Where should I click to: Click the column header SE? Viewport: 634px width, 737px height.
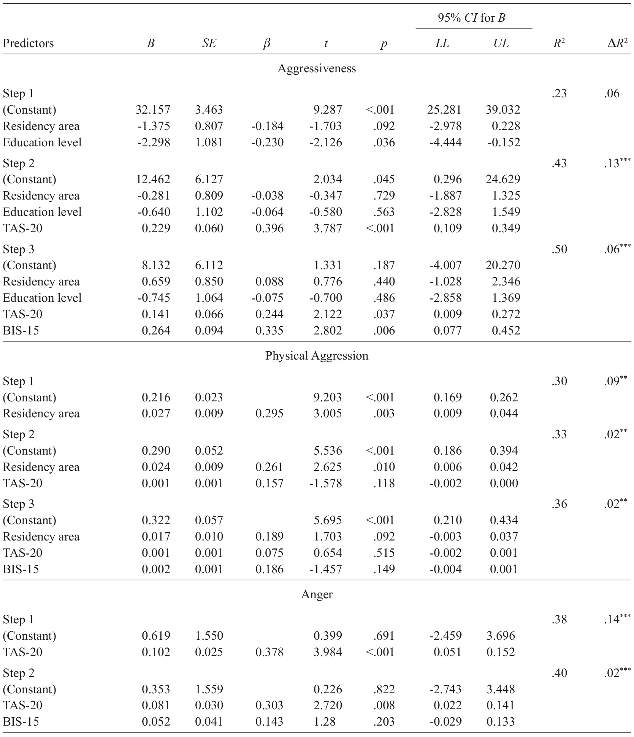[x=209, y=43]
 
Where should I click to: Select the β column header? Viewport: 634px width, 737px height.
[x=267, y=44]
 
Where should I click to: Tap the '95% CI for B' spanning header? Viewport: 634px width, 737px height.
[x=471, y=18]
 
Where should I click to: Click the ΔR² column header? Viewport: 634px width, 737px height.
[x=617, y=43]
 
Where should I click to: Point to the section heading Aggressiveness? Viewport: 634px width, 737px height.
[x=317, y=68]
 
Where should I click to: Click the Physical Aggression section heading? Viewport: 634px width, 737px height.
[x=317, y=356]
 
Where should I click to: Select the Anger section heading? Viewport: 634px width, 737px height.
[x=317, y=594]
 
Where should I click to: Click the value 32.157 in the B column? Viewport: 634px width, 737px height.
[x=153, y=110]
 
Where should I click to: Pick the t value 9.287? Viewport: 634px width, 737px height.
[x=328, y=110]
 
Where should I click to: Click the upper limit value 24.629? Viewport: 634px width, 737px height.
[x=503, y=179]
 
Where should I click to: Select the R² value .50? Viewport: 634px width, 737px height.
[x=559, y=249]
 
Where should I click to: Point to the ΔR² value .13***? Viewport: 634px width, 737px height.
[x=617, y=163]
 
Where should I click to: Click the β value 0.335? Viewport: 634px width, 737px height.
[x=269, y=331]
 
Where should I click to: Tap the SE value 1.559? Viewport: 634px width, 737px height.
[x=209, y=689]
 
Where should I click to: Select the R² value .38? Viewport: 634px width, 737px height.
[x=559, y=620]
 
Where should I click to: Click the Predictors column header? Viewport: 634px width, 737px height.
[x=28, y=43]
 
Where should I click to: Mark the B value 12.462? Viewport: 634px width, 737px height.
[x=153, y=179]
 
